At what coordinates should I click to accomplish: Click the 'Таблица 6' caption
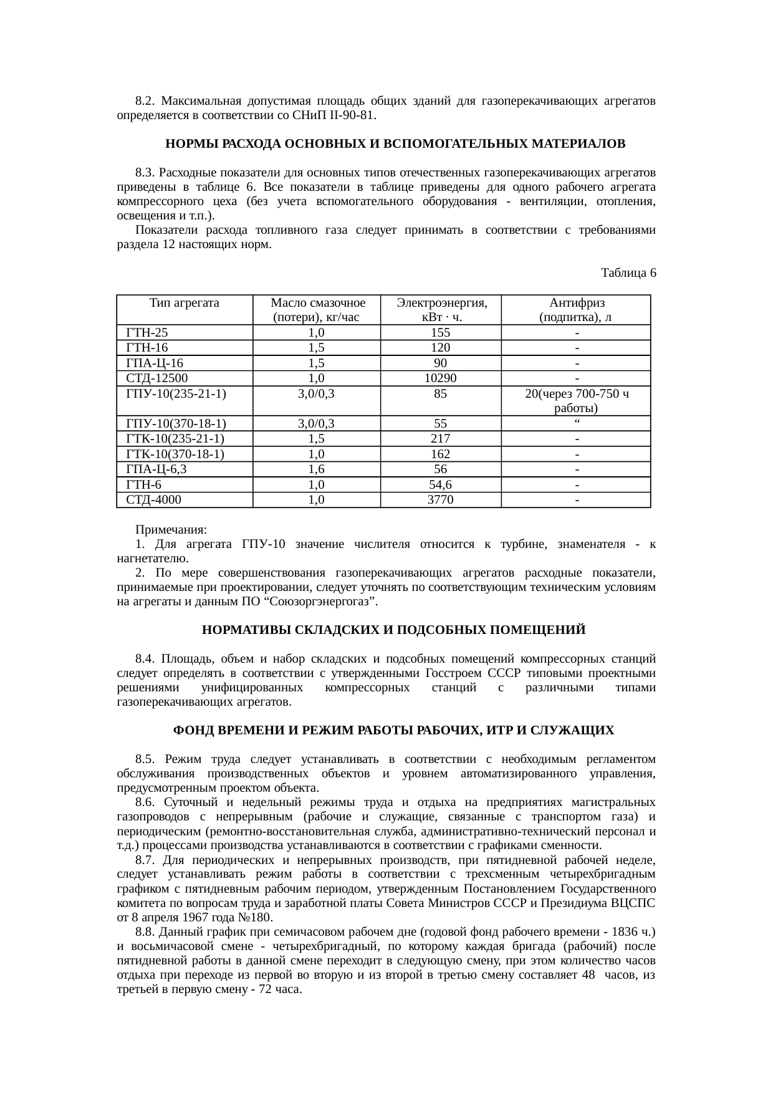click(x=628, y=273)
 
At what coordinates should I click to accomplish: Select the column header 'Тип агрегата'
click(x=184, y=303)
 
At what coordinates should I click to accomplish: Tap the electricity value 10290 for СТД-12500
click(x=440, y=378)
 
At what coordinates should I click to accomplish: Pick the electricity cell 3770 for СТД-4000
click(x=440, y=500)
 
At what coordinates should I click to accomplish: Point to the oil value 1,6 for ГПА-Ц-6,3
click(x=316, y=469)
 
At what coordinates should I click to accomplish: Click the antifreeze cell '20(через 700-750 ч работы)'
click(x=576, y=401)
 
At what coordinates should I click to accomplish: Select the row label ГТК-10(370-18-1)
click(x=175, y=454)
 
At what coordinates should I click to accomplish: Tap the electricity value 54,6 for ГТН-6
click(x=440, y=485)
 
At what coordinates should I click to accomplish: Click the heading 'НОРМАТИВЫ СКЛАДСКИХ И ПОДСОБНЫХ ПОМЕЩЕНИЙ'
click(x=394, y=630)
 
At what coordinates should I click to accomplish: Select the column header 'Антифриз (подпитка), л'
click(x=576, y=310)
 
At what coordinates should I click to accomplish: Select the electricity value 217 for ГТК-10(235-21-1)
click(x=440, y=439)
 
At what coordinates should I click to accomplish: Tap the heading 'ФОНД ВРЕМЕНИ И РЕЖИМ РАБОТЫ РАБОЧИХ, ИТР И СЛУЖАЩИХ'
click(x=393, y=730)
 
